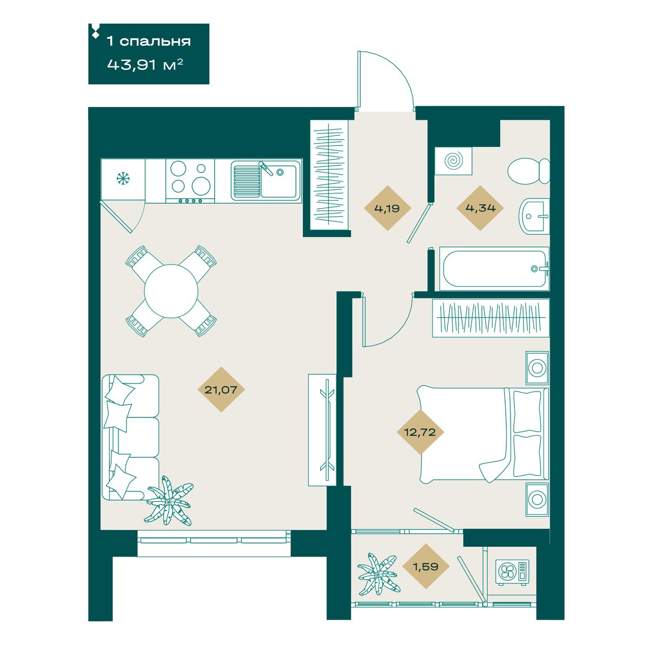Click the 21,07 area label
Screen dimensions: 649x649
[221, 389]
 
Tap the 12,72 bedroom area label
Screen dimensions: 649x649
[420, 432]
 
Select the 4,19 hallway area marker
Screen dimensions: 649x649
[387, 208]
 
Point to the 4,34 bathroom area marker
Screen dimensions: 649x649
[480, 208]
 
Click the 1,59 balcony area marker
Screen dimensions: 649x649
[426, 566]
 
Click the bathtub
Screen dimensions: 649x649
[494, 269]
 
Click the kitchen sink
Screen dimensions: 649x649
[266, 181]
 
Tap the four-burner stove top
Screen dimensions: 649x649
[190, 181]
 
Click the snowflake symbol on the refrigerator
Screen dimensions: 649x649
[123, 178]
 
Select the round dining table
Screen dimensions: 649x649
[171, 292]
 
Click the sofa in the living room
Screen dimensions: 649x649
[130, 437]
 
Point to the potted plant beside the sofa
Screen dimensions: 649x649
[169, 501]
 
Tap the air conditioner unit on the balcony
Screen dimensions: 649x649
[512, 572]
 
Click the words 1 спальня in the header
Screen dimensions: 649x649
[149, 42]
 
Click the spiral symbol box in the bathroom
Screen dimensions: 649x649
[453, 161]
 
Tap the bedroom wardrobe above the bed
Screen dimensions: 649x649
[491, 317]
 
